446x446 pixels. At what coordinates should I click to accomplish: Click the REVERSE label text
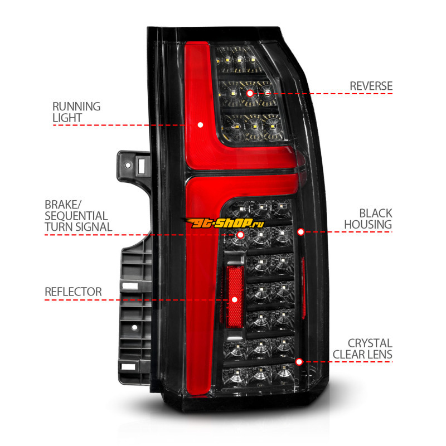coord(371,86)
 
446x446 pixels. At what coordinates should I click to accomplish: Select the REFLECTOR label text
coord(74,292)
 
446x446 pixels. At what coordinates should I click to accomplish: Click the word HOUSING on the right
coord(367,225)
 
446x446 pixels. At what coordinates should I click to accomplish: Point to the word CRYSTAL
coord(370,343)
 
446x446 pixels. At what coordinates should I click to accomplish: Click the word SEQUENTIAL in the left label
coord(77,216)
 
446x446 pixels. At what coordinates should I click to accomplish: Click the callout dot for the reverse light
coord(249,93)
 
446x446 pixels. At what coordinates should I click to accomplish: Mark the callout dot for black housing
coord(300,231)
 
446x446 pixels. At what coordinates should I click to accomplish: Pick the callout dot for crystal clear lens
coord(299,361)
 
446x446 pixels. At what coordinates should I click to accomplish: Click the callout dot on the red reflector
coord(235,299)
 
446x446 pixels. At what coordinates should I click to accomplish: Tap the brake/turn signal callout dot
coord(240,235)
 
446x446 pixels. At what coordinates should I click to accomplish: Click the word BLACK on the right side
coord(375,213)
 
